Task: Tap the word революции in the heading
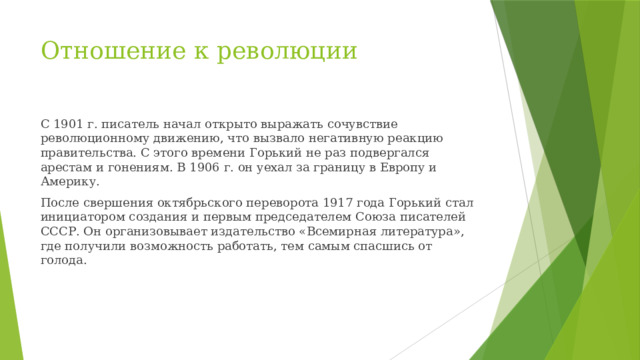tap(294, 50)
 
